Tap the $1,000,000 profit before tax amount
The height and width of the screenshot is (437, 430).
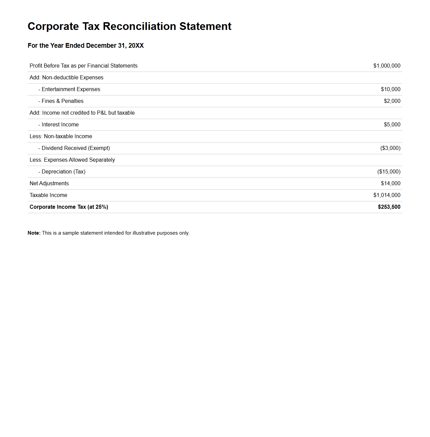pyautogui.click(x=387, y=66)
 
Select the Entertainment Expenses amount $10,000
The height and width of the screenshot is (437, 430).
pyautogui.click(x=390, y=89)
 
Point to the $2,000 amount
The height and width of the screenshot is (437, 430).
pyautogui.click(x=392, y=101)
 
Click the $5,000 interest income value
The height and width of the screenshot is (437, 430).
pyautogui.click(x=392, y=125)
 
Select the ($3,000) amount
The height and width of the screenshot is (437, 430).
pyautogui.click(x=390, y=148)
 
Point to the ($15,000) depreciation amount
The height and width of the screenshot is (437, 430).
pyautogui.click(x=389, y=172)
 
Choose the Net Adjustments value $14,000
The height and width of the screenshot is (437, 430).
pyautogui.click(x=390, y=184)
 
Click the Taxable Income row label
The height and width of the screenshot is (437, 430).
pyautogui.click(x=48, y=195)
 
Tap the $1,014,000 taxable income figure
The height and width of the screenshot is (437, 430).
pyautogui.click(x=387, y=195)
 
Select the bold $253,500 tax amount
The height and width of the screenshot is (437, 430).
pyautogui.click(x=389, y=207)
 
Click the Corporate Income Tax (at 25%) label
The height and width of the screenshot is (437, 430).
pyautogui.click(x=69, y=207)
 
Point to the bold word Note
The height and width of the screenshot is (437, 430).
pyautogui.click(x=34, y=233)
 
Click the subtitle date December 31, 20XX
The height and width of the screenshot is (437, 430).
pyautogui.click(x=115, y=46)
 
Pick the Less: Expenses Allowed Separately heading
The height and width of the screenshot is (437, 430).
pyautogui.click(x=72, y=160)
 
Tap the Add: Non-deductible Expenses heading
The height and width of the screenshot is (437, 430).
pyautogui.click(x=66, y=78)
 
